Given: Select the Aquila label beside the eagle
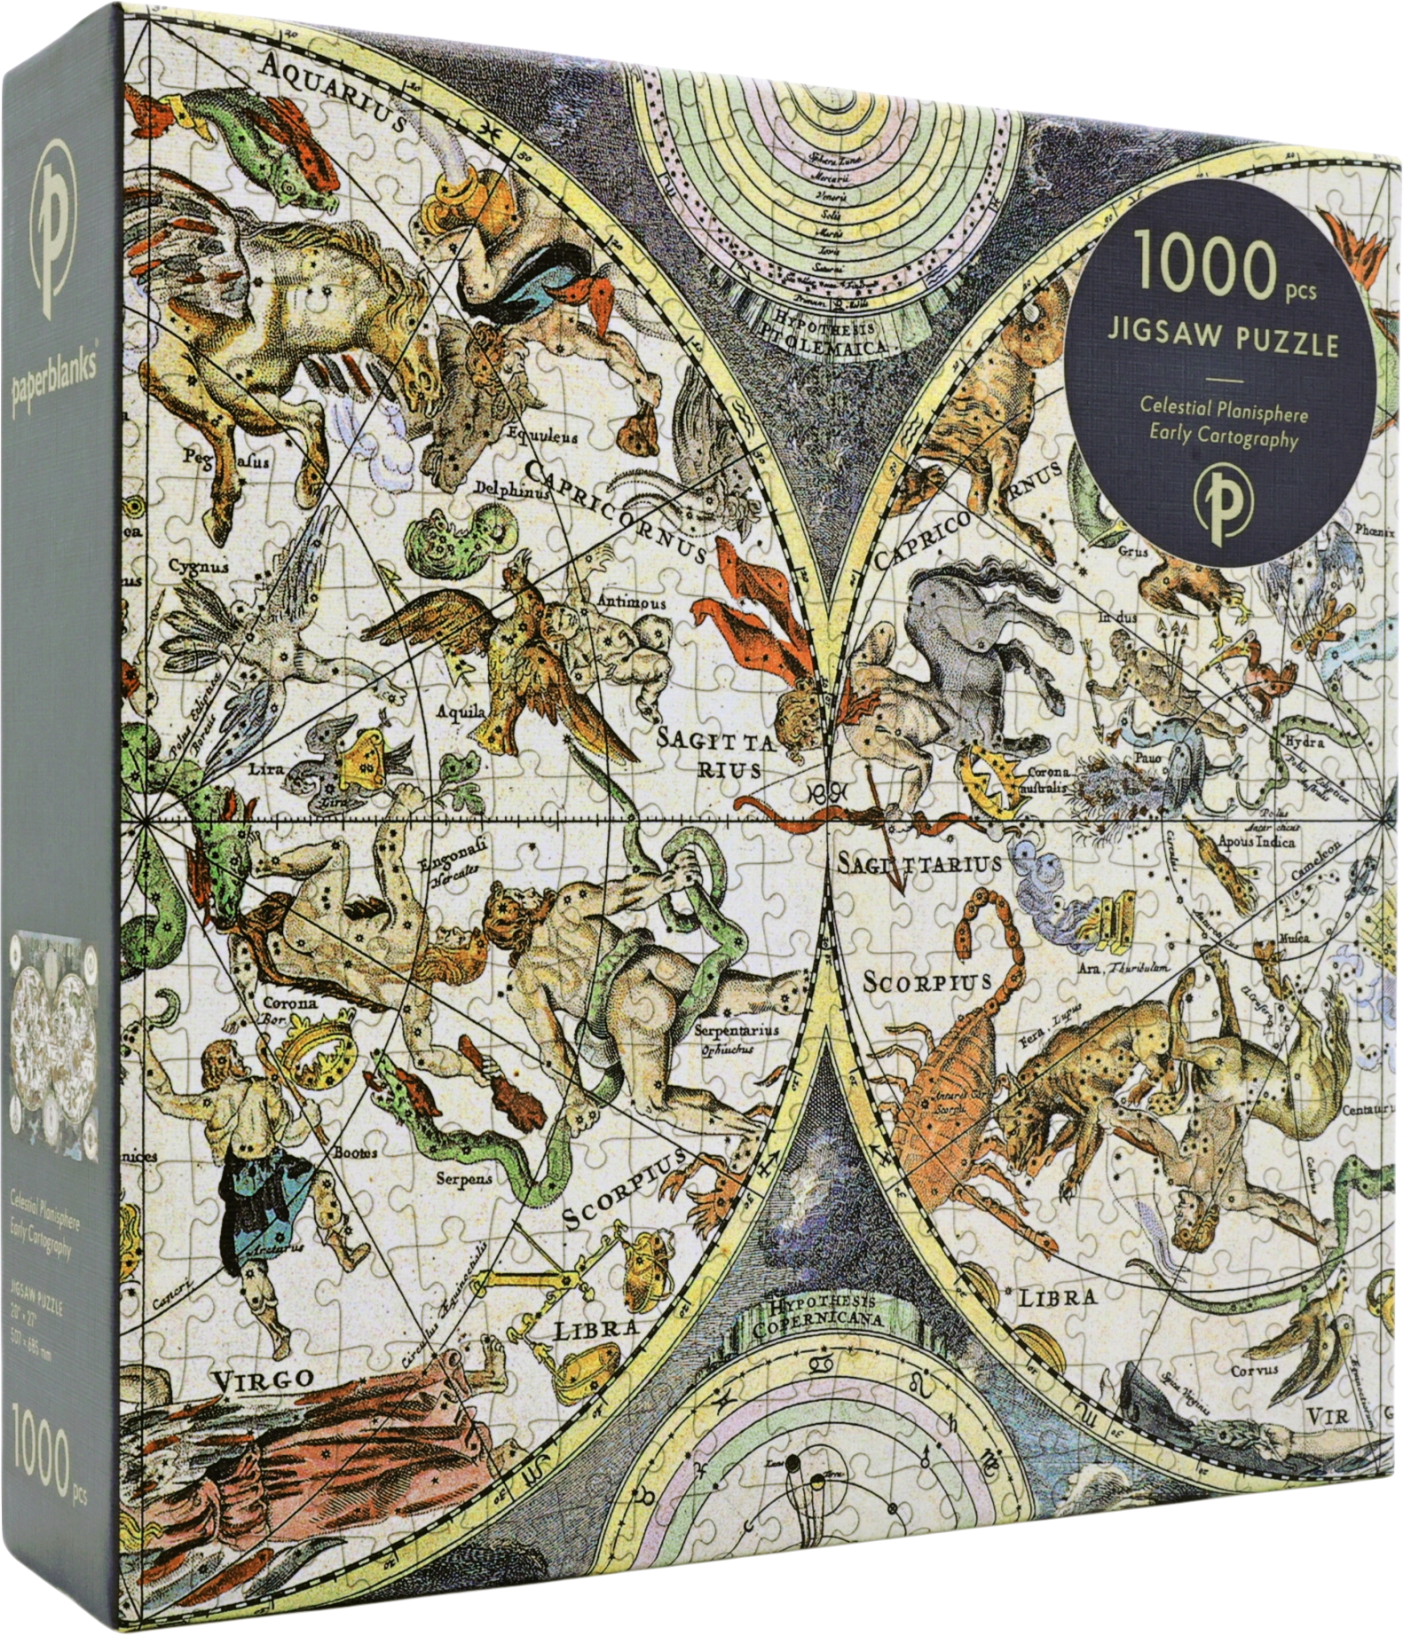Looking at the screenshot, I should (461, 712).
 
